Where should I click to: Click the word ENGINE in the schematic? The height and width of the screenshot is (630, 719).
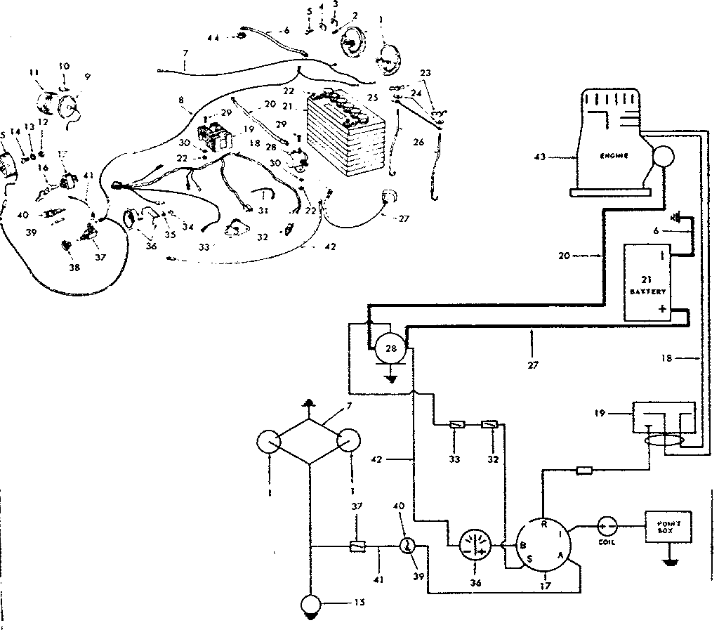click(614, 155)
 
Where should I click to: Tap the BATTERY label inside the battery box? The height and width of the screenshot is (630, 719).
click(647, 290)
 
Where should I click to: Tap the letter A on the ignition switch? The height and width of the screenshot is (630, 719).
click(560, 554)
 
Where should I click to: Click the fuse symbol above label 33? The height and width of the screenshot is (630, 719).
click(456, 425)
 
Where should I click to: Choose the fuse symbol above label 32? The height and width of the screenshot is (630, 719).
click(490, 425)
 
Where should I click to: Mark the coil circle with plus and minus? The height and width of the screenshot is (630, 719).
click(607, 525)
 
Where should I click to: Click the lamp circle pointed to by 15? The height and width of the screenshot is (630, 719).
click(309, 604)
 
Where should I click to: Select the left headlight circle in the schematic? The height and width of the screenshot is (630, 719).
click(269, 442)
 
